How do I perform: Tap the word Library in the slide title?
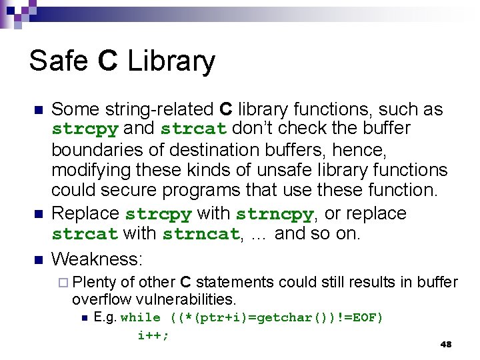tap(171, 62)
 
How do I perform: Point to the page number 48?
tap(446, 344)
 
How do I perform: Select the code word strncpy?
tap(274, 215)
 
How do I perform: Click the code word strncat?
tap(201, 235)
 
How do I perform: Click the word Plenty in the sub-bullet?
tap(93, 282)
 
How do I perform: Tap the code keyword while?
tap(140, 318)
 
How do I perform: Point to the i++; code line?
tap(153, 335)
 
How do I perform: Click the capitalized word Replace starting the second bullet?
tap(86, 214)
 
